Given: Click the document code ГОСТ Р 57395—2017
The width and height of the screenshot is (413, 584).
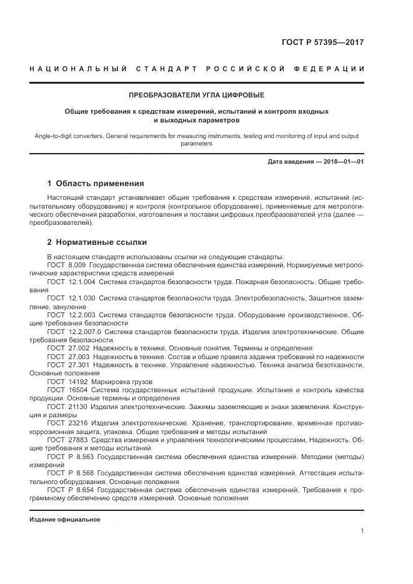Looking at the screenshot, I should (325, 43).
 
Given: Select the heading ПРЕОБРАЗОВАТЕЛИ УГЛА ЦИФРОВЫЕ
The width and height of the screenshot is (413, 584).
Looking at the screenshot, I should (196, 96).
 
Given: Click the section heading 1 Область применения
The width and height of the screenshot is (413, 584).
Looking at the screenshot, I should (96, 184).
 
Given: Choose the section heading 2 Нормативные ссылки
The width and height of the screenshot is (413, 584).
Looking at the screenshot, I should (97, 242).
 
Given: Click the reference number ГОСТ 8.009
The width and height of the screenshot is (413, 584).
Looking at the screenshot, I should (62, 265).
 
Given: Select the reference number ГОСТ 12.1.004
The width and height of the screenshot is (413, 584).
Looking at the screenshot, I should (69, 282).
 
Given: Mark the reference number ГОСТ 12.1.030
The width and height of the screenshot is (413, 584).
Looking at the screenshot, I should (69, 299).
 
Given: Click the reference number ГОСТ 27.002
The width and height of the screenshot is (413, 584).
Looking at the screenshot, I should (66, 347).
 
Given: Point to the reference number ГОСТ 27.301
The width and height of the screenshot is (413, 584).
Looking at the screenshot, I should (66, 364).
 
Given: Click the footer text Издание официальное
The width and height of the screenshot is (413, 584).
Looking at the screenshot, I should (65, 520).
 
